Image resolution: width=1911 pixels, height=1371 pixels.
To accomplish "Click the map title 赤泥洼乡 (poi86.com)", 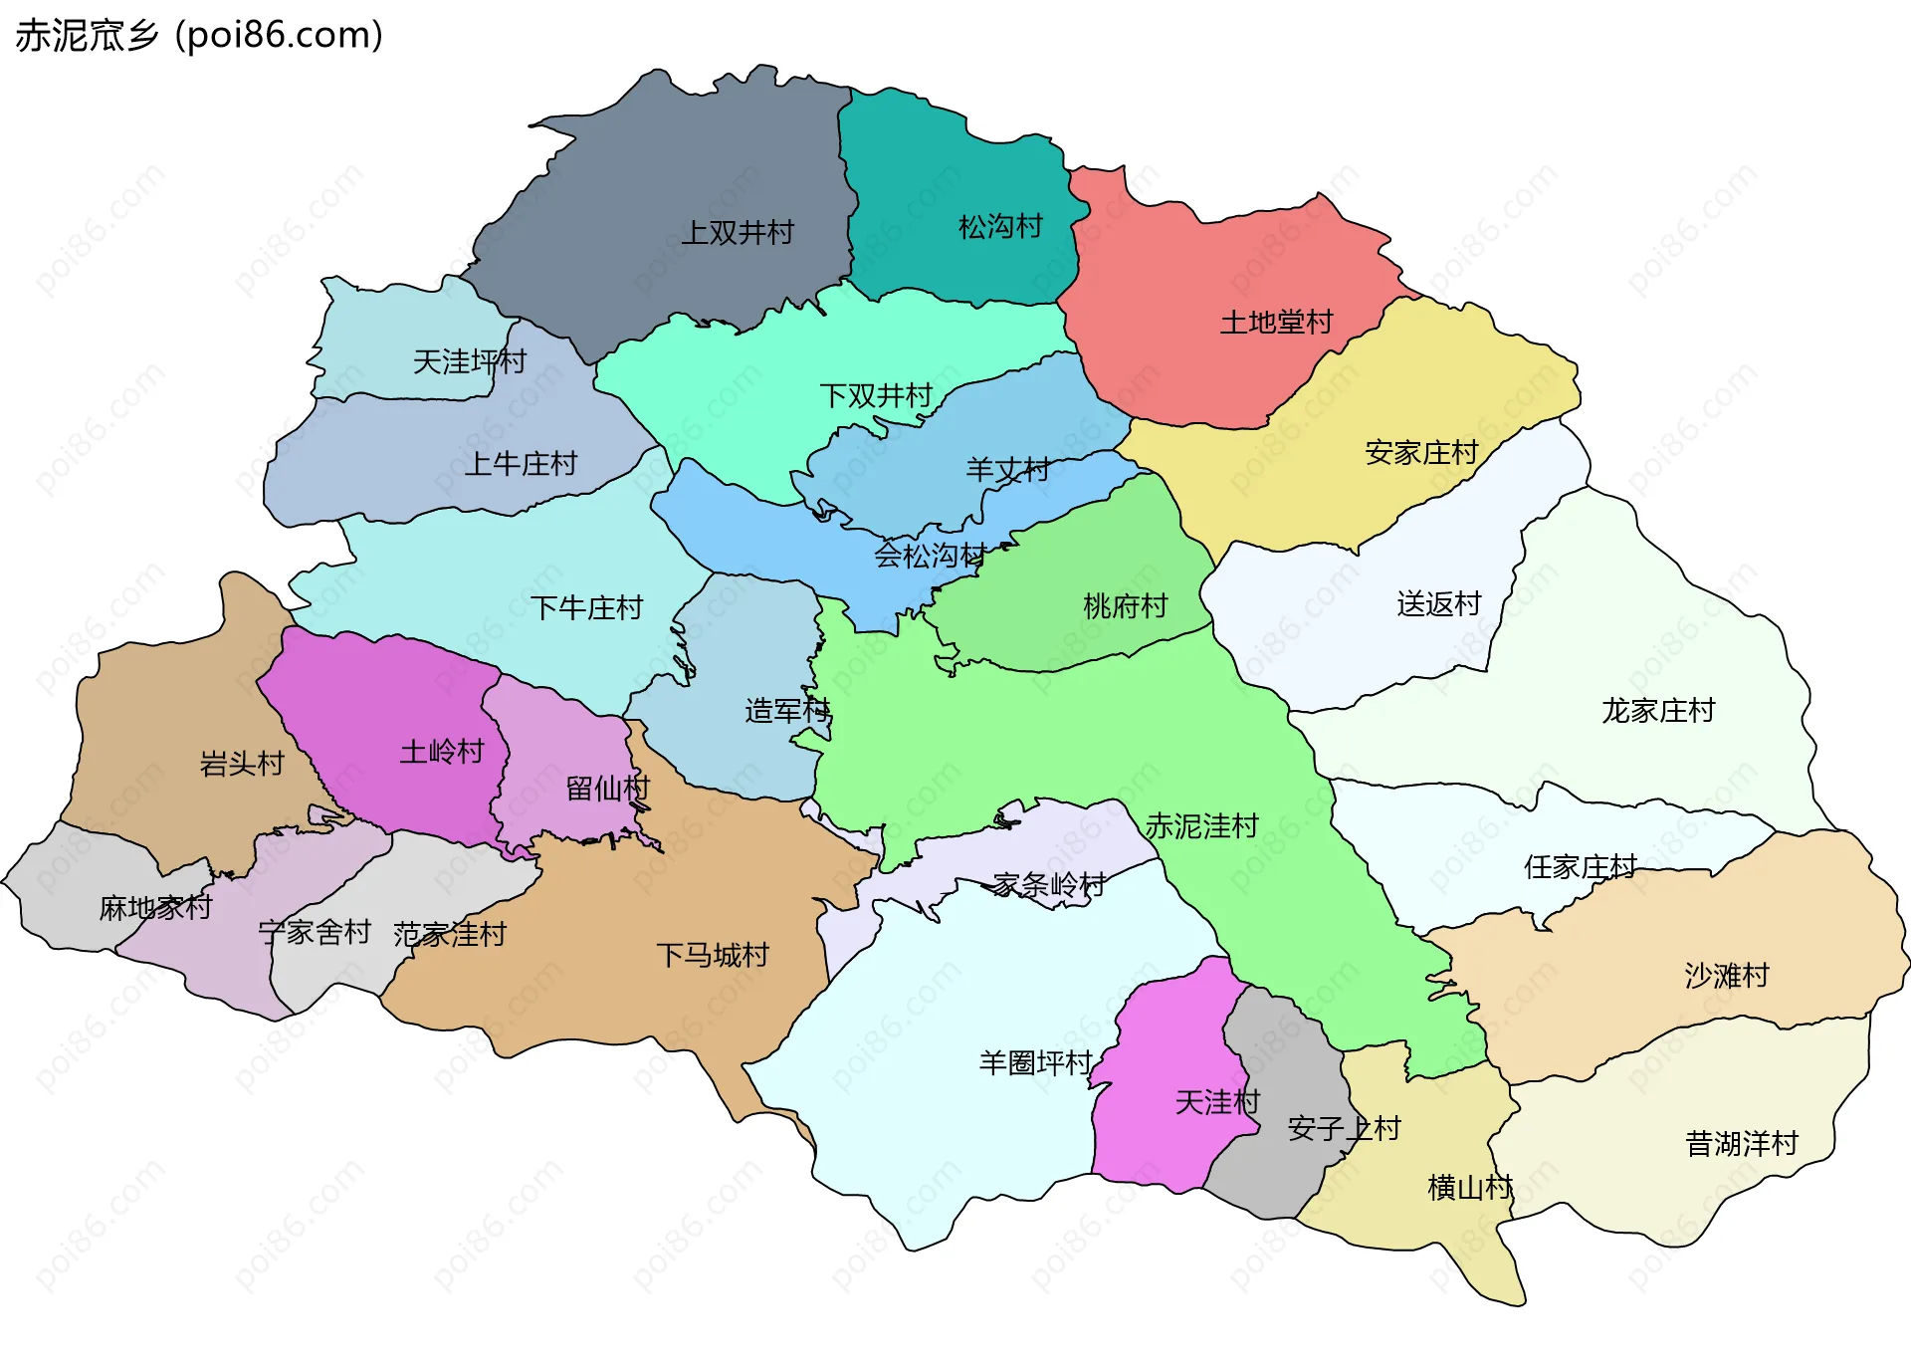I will (199, 36).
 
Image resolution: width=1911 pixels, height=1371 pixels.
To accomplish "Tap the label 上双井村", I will (738, 233).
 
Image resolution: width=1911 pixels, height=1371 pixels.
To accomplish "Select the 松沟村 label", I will (1000, 227).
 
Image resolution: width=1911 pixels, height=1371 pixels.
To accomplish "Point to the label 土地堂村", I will (1276, 323).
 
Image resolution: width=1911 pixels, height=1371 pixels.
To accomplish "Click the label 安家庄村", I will (1421, 453).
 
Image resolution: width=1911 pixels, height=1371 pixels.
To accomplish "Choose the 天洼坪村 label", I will (469, 361).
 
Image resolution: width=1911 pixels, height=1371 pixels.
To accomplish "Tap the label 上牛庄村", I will (521, 464).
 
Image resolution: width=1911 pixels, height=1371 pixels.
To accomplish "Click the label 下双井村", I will (876, 396).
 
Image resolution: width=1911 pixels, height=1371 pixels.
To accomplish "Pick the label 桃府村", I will (1125, 605).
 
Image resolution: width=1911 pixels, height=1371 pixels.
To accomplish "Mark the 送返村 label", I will (1438, 603).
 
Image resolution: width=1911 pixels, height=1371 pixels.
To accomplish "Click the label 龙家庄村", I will (1658, 711).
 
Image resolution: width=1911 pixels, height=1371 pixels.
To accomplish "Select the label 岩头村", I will (242, 764).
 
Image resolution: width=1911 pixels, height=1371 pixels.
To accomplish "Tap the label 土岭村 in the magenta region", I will (442, 752).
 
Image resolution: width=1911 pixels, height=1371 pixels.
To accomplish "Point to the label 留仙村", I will (607, 789).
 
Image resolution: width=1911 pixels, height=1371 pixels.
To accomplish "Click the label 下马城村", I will (713, 956).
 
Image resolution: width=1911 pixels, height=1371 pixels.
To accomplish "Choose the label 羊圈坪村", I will (1035, 1063).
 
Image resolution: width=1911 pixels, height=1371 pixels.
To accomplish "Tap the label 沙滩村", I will (1727, 976).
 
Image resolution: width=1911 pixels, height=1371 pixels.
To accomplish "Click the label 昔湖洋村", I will (1742, 1144).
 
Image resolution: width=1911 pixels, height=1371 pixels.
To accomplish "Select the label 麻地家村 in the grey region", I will (155, 908).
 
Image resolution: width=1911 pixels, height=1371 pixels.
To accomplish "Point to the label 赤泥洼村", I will (1201, 826).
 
